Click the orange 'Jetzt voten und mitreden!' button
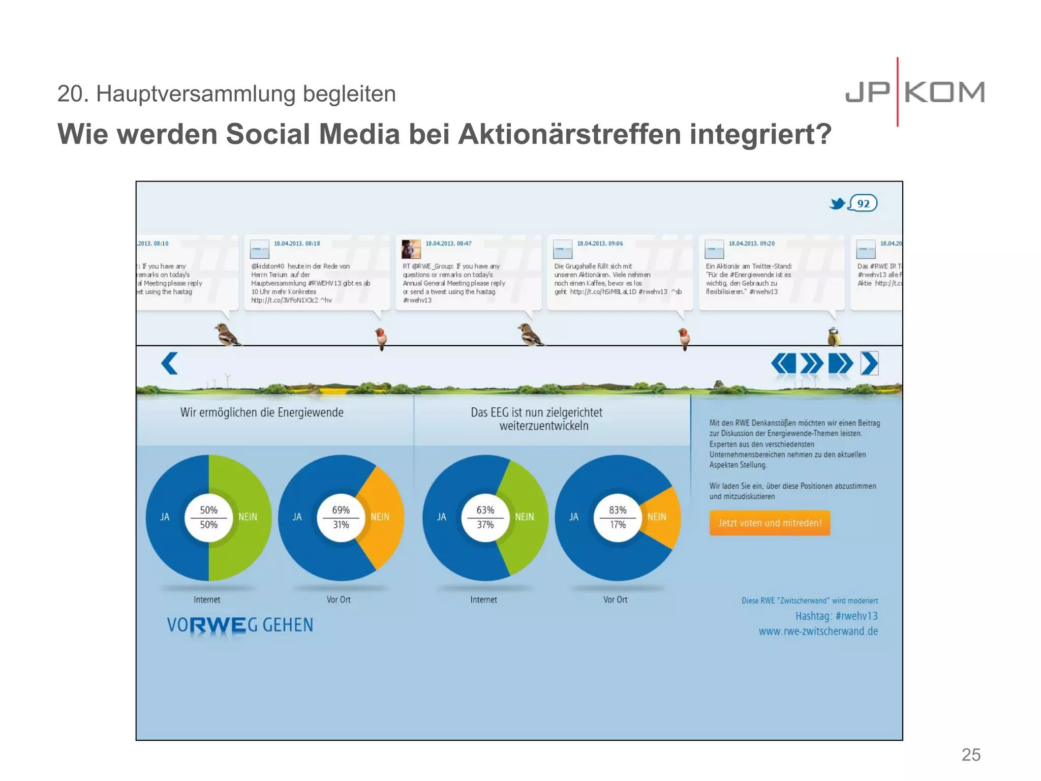pos(770,523)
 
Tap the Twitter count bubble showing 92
pos(863,204)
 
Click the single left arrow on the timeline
pos(170,363)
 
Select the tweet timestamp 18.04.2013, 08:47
pos(448,244)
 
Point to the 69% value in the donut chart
pos(341,510)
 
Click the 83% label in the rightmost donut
pos(618,510)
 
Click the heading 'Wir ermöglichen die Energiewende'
pos(262,412)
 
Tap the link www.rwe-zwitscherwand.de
pos(818,632)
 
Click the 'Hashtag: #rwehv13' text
pos(836,616)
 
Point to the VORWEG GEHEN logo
pos(240,625)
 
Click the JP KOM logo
pos(915,93)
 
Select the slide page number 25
pos(971,755)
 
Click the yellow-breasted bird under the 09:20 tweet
pos(834,337)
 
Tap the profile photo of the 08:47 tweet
pos(411,249)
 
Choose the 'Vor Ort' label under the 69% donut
pos(339,600)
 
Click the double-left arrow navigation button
pos(783,364)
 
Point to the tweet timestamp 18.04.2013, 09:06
pos(600,244)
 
